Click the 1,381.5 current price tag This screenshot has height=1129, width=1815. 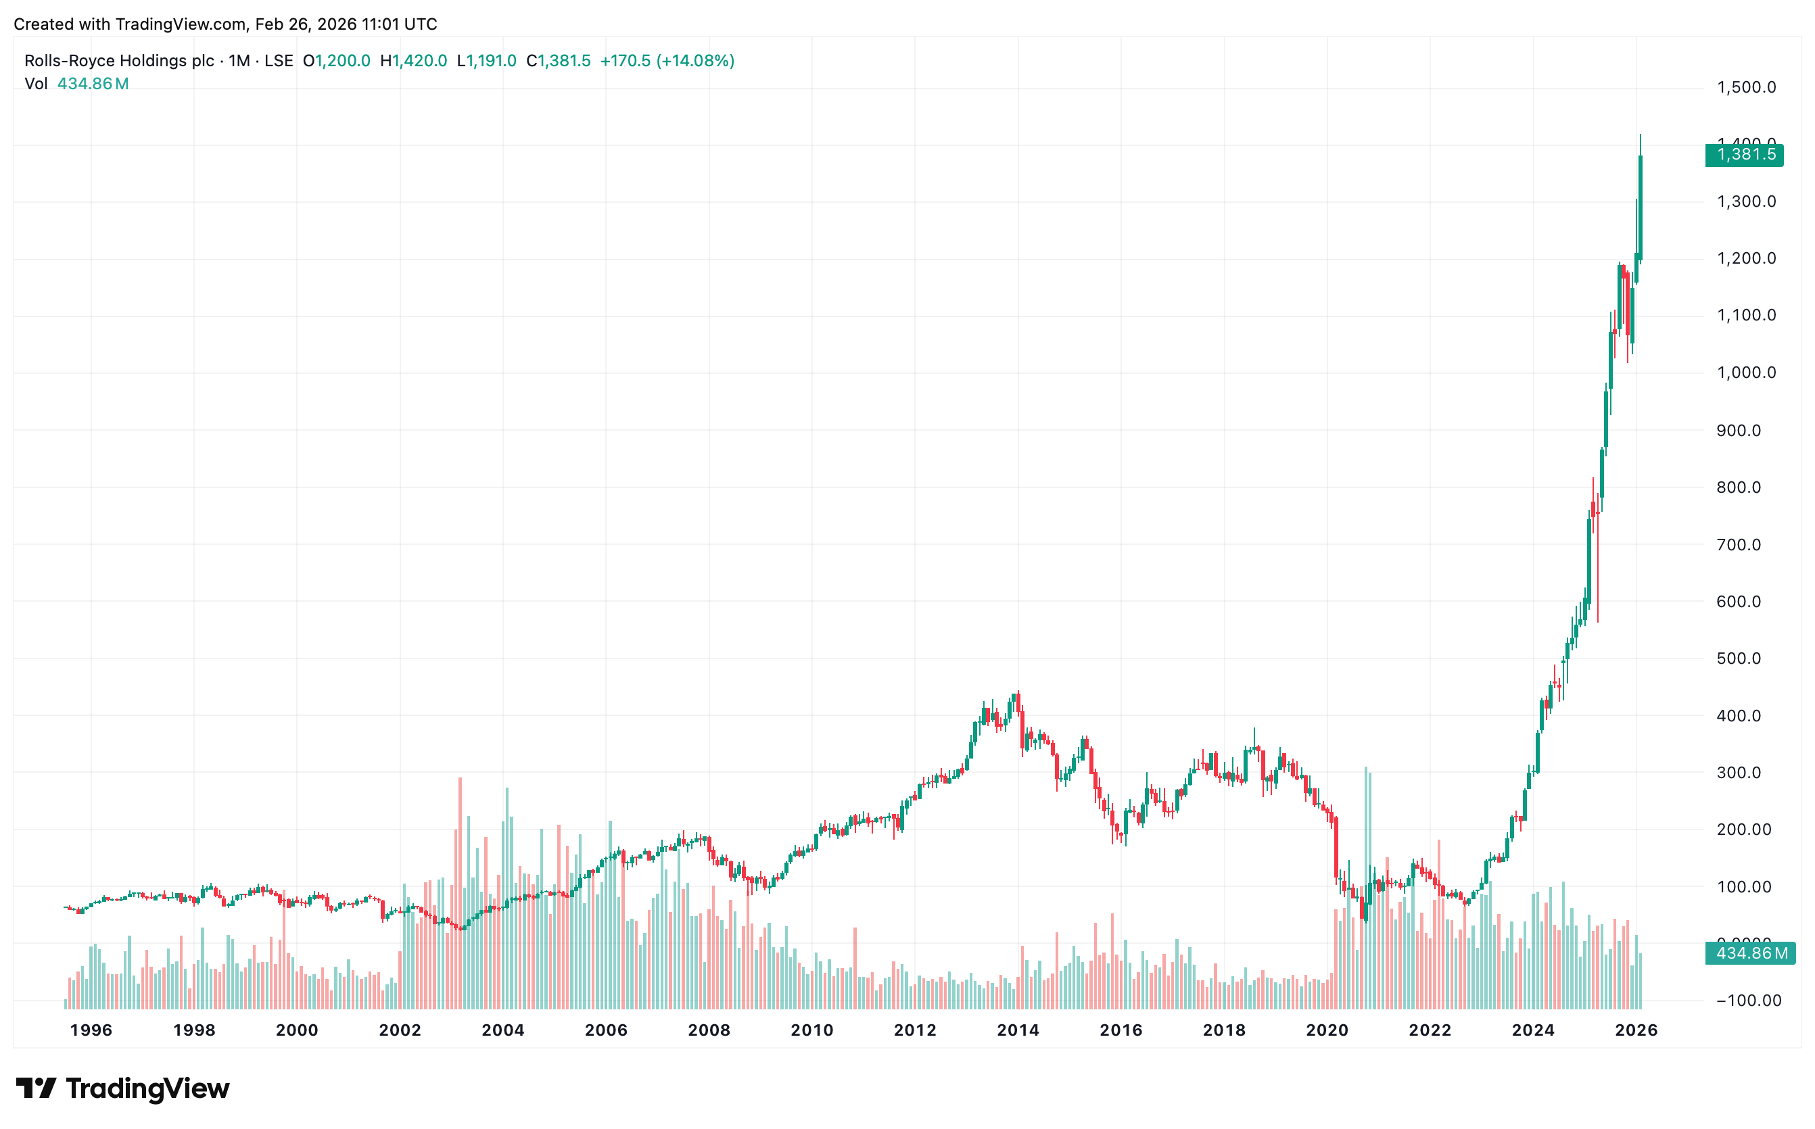[x=1743, y=155]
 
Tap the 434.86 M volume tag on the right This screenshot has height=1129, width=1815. [x=1749, y=953]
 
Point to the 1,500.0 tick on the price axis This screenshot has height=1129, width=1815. [x=1745, y=87]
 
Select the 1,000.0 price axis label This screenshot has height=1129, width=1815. [x=1745, y=373]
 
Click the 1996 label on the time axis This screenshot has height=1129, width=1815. [x=91, y=1030]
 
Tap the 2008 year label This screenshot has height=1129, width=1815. [x=709, y=1030]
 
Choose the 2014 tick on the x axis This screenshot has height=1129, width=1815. [x=1018, y=1030]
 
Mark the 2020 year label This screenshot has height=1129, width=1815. [x=1327, y=1030]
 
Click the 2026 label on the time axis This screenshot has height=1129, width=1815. [x=1636, y=1030]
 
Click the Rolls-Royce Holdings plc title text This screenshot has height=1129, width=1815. [x=120, y=60]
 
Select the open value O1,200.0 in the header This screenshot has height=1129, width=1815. [x=336, y=60]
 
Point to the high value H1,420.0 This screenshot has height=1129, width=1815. [x=414, y=60]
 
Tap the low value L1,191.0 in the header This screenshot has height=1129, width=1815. [x=487, y=60]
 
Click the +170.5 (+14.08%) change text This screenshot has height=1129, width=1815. [x=667, y=60]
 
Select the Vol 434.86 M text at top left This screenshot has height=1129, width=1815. [x=76, y=84]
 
